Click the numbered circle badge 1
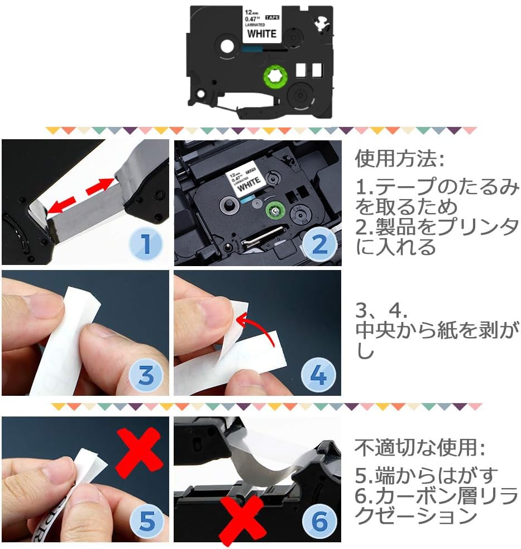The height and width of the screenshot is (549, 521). click(145, 244)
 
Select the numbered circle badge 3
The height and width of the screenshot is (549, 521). click(145, 375)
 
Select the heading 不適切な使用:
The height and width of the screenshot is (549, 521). click(420, 447)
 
